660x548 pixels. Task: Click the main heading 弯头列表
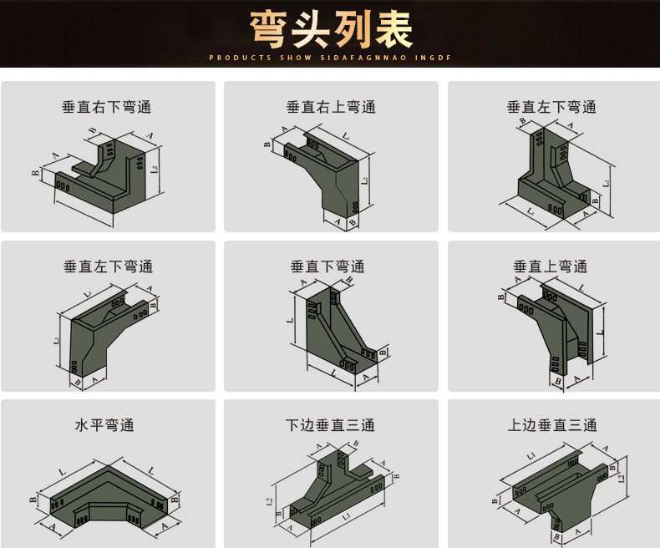coord(330,30)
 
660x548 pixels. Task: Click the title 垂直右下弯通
coord(107,107)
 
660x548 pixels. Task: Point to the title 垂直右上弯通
coord(331,107)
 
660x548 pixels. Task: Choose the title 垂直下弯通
coord(327,266)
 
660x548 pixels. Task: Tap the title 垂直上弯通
coord(551,266)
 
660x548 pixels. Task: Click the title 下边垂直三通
coord(331,425)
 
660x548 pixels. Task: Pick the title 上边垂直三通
coord(552,425)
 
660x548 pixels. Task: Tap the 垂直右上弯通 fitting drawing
coord(326,175)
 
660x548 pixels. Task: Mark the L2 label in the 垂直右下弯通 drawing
coord(155,169)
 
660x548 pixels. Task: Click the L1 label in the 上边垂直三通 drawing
coord(531,454)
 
